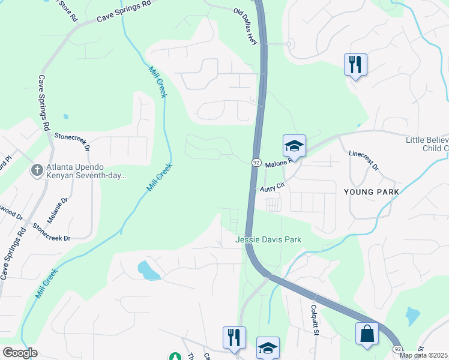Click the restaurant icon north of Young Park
(x=355, y=64)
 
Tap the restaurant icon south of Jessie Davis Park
(x=234, y=337)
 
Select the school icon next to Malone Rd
(x=294, y=145)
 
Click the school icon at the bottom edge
(x=268, y=347)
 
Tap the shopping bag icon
(x=367, y=334)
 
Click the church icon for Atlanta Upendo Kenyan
(x=37, y=171)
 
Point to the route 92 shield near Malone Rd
(x=256, y=163)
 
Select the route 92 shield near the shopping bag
(x=397, y=349)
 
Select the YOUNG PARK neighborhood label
(x=371, y=192)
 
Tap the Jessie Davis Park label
(x=268, y=240)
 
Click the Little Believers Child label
(x=427, y=144)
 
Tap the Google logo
(x=20, y=353)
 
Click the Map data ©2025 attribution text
(x=423, y=355)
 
